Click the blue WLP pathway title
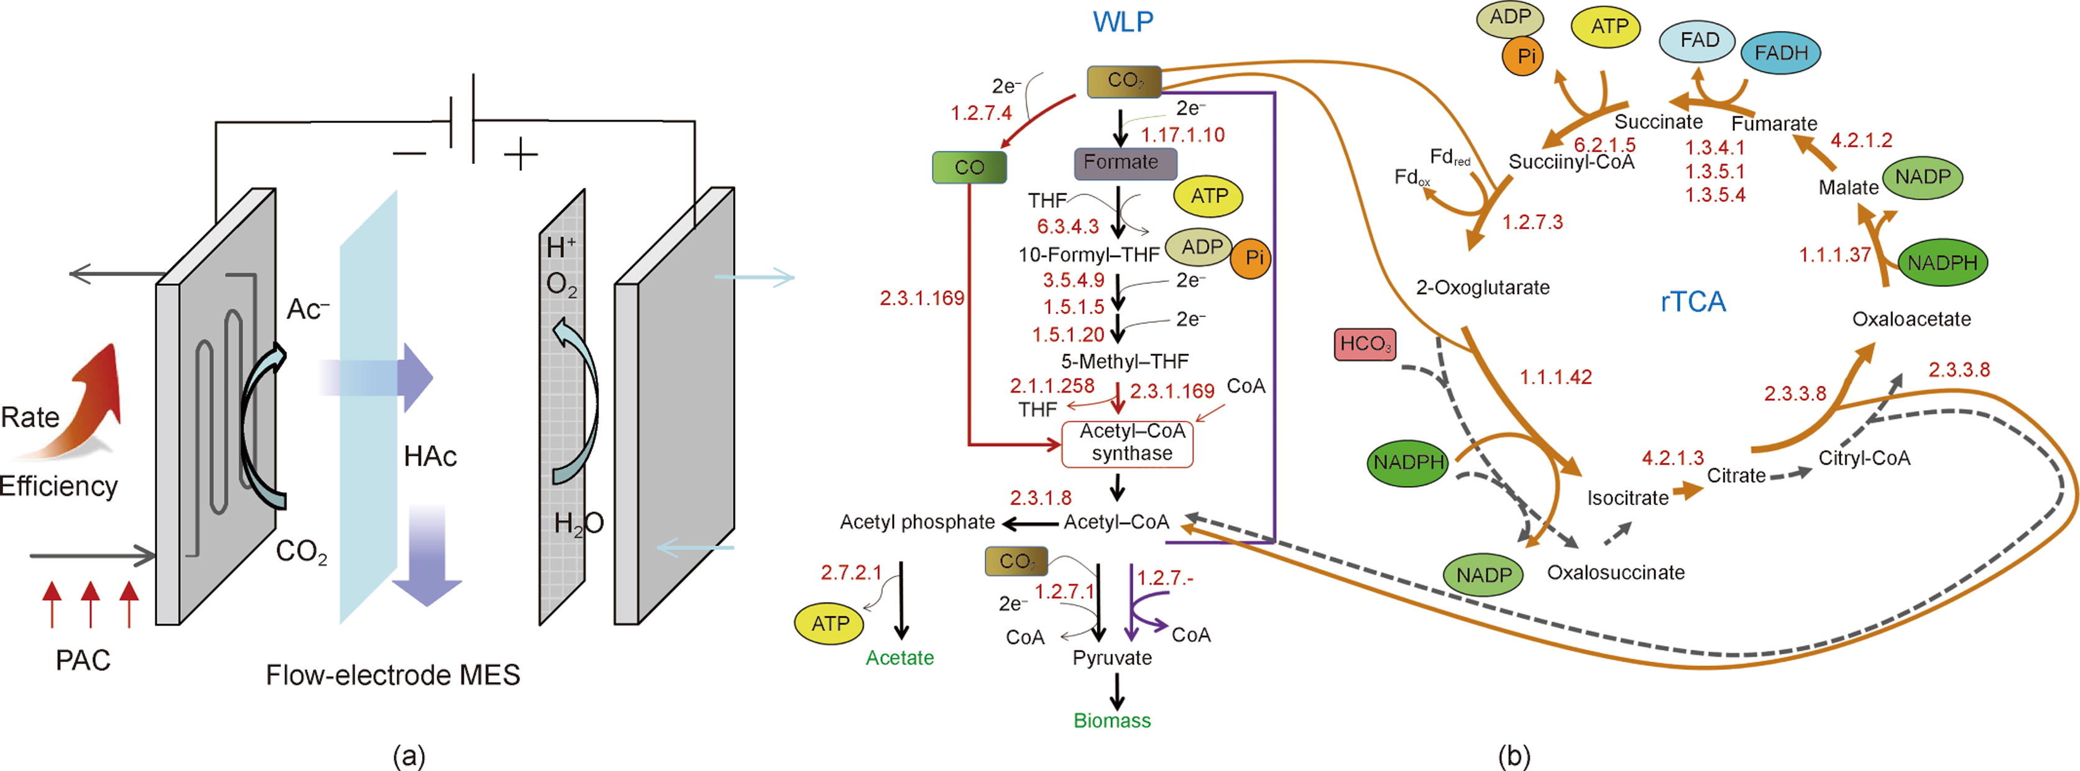[x=1123, y=22]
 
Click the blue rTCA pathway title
[x=1693, y=302]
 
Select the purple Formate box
[x=1125, y=162]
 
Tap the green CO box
[x=969, y=167]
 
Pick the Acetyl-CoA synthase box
[x=1127, y=443]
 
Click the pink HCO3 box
[x=1364, y=344]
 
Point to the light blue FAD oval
[x=1700, y=40]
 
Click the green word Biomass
[x=1112, y=721]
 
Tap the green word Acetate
[x=900, y=658]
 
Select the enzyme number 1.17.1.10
[x=1182, y=135]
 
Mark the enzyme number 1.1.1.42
[x=1555, y=377]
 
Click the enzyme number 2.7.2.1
[x=851, y=572]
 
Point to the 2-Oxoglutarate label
[x=1483, y=288]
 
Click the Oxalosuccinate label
[x=1616, y=572]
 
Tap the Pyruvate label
[x=1112, y=658]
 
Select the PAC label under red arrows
[x=82, y=660]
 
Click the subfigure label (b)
[x=1513, y=757]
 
